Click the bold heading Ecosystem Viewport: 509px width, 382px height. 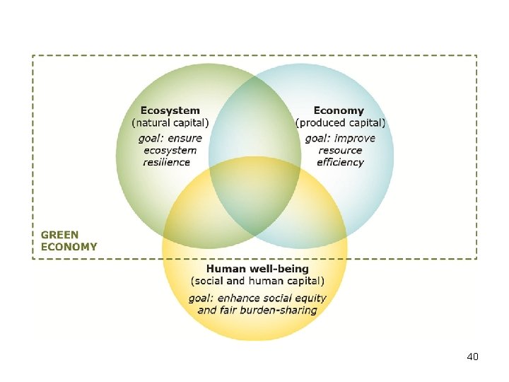point(170,111)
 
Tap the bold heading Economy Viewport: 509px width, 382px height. point(339,111)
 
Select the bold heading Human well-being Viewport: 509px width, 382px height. point(257,269)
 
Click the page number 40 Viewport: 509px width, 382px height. point(473,357)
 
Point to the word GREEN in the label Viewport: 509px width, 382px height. point(60,234)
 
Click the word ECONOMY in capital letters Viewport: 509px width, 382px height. point(69,247)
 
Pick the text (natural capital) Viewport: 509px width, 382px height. point(170,123)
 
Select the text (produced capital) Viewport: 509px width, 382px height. point(341,123)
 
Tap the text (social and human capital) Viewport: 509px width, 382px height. point(257,281)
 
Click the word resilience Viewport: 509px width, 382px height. point(167,162)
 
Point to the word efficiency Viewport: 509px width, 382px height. point(340,162)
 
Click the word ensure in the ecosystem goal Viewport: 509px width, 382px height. point(185,138)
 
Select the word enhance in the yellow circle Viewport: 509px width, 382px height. point(240,298)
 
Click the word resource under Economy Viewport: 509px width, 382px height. point(340,150)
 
